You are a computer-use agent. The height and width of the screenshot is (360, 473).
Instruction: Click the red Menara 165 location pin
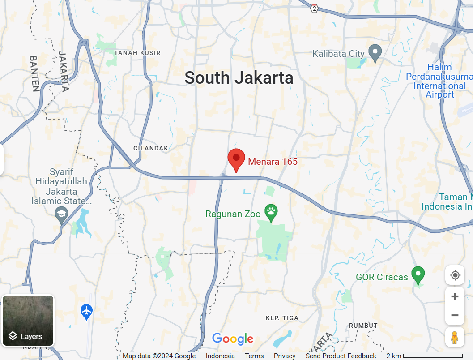pos(236,159)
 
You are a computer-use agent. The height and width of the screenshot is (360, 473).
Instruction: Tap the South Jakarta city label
pos(239,78)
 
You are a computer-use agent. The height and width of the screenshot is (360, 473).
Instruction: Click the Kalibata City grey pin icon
pos(375,53)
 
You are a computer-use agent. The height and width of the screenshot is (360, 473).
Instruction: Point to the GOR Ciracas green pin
pos(418,275)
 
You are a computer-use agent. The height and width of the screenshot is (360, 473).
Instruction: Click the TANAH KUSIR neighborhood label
pos(137,53)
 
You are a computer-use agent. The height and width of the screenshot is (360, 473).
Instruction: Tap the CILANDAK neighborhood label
pos(151,148)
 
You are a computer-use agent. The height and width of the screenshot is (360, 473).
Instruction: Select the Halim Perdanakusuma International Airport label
pos(439,81)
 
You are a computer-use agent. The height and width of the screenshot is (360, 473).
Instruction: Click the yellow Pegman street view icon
pos(455,337)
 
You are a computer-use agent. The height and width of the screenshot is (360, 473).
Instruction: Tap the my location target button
pos(455,275)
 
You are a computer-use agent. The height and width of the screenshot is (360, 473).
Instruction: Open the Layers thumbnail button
pos(28,320)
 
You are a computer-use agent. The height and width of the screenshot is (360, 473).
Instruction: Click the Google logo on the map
pos(233,339)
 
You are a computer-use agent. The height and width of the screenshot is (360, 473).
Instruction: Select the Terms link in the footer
pos(254,356)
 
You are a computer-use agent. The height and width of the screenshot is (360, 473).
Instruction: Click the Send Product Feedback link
pos(341,356)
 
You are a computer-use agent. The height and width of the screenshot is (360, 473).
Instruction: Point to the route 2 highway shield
pos(315,8)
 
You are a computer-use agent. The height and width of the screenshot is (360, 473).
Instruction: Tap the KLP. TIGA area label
pos(282,318)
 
